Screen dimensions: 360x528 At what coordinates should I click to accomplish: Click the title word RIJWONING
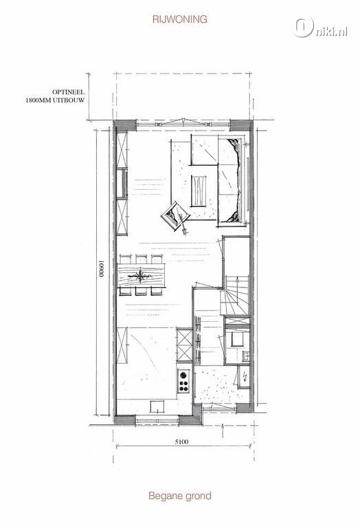(x=180, y=19)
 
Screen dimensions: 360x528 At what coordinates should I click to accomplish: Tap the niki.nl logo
(x=319, y=27)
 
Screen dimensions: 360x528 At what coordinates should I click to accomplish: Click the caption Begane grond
(x=180, y=496)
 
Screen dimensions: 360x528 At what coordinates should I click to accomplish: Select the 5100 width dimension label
(x=181, y=441)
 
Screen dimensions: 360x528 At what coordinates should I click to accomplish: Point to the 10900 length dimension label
(x=101, y=268)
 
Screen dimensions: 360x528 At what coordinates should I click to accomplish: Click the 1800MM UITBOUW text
(x=55, y=100)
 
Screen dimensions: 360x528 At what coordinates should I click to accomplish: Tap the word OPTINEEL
(x=68, y=92)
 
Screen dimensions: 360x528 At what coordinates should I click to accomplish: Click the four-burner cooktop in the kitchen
(x=183, y=381)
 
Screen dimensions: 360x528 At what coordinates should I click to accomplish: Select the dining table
(x=142, y=276)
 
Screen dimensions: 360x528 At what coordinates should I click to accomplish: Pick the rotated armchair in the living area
(x=175, y=217)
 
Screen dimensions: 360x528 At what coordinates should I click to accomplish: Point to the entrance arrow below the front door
(x=223, y=430)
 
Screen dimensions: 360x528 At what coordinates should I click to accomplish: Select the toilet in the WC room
(x=238, y=339)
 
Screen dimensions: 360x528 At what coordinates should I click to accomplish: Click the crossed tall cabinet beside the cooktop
(x=184, y=345)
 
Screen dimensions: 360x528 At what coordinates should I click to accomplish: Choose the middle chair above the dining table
(x=142, y=259)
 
